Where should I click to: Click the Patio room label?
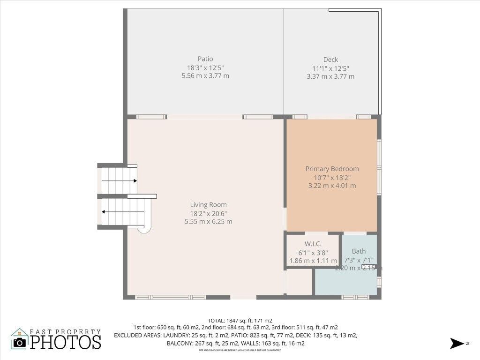point(205,59)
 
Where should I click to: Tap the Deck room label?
point(330,60)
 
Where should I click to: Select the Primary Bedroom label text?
point(332,169)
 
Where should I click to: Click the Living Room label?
point(208,205)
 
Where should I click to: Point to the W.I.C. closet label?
point(313,244)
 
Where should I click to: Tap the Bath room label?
point(359,251)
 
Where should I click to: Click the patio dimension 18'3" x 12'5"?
point(205,67)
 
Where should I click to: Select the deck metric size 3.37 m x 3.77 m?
point(330,76)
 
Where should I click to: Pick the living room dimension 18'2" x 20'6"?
point(208,213)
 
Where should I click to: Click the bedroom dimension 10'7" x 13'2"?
point(332,177)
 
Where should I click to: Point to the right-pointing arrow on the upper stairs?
point(134,180)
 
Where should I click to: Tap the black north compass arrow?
point(457,344)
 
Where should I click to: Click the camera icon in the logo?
point(20,342)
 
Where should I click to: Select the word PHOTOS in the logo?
point(66,342)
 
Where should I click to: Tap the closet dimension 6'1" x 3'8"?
point(313,253)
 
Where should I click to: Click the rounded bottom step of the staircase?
point(144,228)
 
